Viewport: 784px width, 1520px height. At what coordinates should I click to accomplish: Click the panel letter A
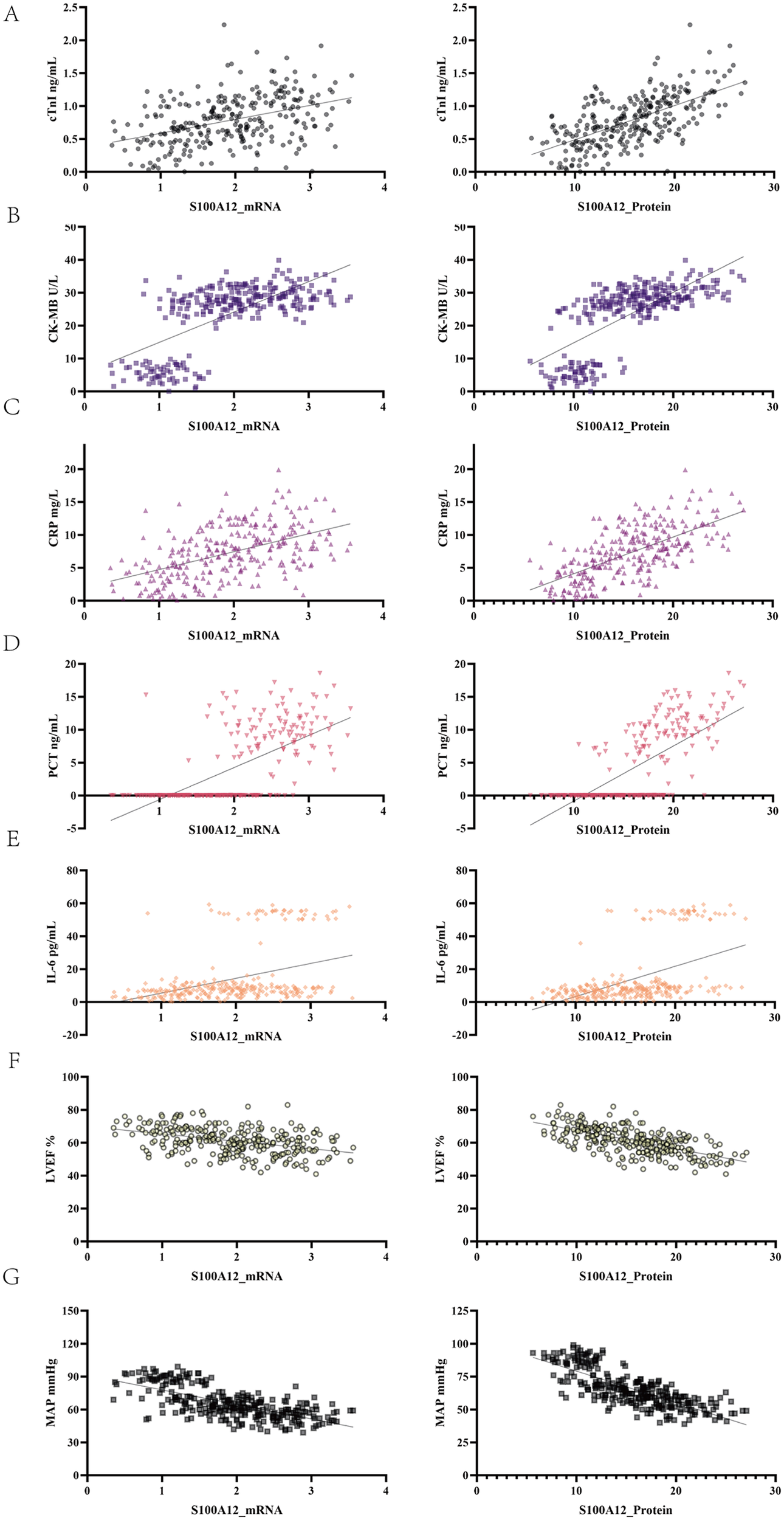[11, 13]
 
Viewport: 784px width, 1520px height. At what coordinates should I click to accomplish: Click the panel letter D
[11, 643]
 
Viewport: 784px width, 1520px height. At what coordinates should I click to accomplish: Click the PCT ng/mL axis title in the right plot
[443, 746]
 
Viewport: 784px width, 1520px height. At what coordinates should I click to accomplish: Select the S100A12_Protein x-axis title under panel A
[624, 207]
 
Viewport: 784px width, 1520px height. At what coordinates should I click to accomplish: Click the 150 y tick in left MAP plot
[70, 1311]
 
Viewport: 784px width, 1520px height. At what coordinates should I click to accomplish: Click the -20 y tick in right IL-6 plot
[461, 1035]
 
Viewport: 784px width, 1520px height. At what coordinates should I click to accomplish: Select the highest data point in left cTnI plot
[224, 25]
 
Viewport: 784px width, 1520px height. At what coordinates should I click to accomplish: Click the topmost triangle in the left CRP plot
[278, 469]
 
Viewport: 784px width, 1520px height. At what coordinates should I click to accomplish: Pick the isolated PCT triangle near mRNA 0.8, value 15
[146, 694]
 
